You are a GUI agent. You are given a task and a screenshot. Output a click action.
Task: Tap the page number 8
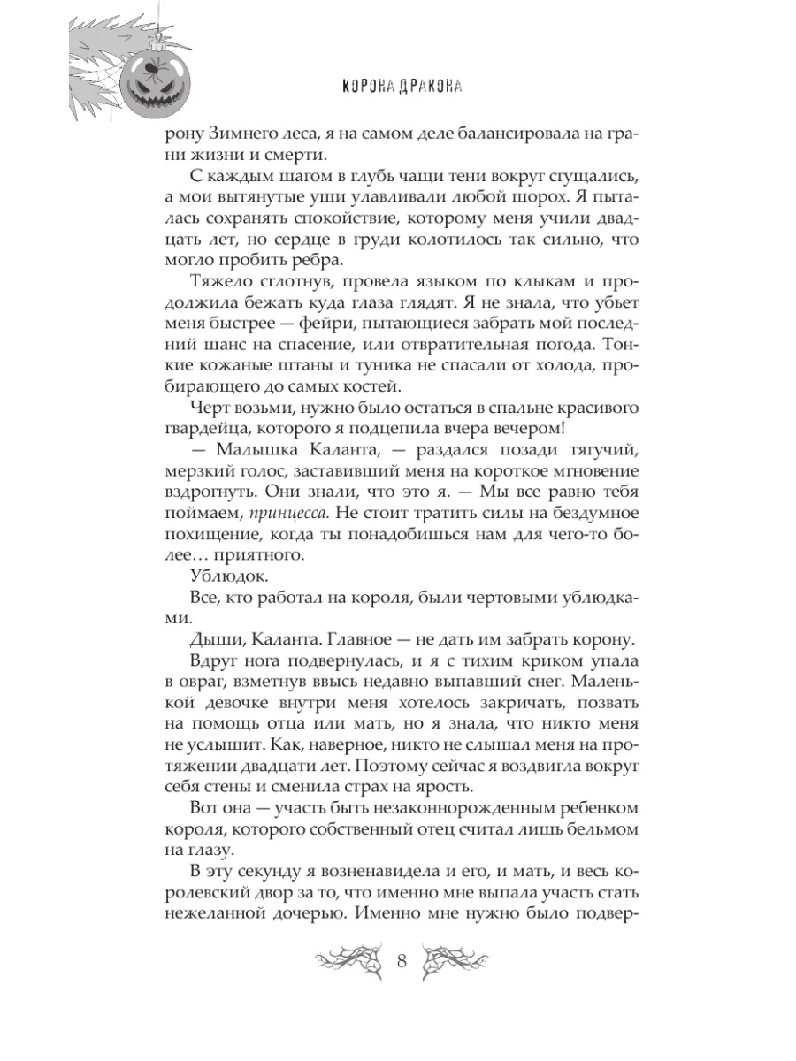[402, 962]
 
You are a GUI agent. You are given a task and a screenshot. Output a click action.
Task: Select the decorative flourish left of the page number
[347, 962]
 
